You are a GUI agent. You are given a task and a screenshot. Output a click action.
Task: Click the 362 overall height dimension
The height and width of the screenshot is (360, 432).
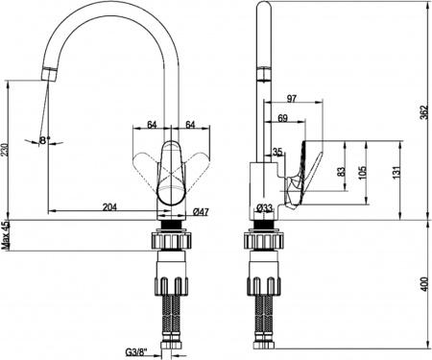[x=423, y=112]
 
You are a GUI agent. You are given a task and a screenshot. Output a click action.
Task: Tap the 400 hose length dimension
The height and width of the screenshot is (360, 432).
[x=424, y=284]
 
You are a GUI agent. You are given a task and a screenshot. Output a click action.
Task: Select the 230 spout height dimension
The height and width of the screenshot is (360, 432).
[x=4, y=151]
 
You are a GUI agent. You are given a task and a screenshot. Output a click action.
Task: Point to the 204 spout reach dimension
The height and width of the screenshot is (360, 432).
[x=109, y=206]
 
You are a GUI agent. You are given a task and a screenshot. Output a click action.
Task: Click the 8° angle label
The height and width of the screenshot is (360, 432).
[x=45, y=140]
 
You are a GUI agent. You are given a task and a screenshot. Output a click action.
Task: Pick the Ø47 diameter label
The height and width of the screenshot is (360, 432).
[x=201, y=211]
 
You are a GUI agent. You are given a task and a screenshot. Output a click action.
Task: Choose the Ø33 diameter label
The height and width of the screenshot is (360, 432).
[x=264, y=208]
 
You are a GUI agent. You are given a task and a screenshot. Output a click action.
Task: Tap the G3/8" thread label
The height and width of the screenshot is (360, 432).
[x=135, y=352]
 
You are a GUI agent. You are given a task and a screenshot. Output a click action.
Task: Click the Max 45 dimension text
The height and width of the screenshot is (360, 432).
[x=5, y=235]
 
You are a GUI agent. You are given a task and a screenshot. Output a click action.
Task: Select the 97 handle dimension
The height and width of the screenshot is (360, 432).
[x=291, y=99]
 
